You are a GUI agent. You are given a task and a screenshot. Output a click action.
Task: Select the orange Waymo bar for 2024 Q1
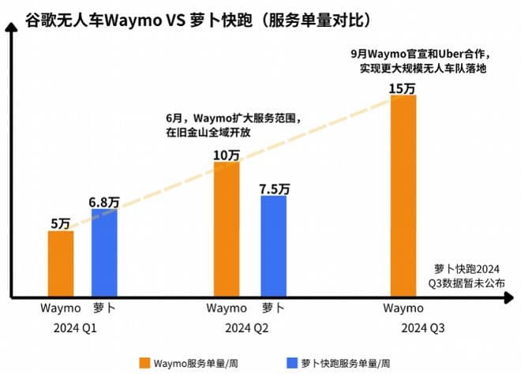click(61, 264)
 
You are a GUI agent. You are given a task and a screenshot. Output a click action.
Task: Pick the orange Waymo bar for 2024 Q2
click(227, 229)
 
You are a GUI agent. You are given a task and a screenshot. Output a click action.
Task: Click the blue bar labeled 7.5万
click(273, 245)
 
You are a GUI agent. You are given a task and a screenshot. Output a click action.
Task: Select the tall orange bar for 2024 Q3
click(403, 196)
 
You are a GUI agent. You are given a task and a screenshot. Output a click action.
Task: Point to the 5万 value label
click(60, 223)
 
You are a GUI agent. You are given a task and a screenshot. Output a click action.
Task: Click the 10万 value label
click(227, 155)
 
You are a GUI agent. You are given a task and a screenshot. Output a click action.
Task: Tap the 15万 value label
click(403, 88)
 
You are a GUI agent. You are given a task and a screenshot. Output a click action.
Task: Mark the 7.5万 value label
click(274, 189)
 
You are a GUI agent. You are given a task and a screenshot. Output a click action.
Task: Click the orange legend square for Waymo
click(146, 363)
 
